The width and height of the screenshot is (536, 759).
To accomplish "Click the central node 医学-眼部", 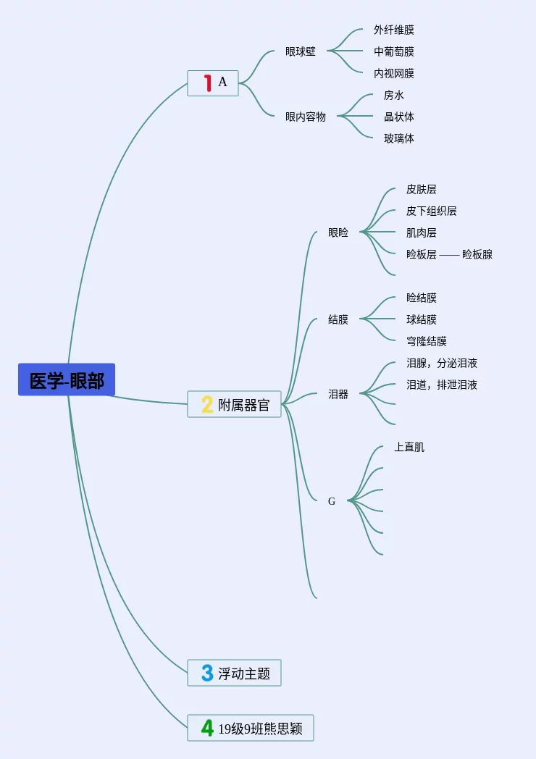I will coord(67,380).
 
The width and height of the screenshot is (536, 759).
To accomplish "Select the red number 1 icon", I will coord(207,83).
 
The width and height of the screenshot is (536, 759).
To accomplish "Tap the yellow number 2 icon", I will coord(207,404).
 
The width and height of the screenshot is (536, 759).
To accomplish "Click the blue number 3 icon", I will coord(207,673).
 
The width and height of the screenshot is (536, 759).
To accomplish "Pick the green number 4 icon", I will coord(207,728).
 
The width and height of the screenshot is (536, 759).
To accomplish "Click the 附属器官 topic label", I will coord(244,405).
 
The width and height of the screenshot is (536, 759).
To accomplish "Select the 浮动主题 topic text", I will coord(244,674).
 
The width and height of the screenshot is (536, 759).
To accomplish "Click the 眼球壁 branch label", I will coord(301,51).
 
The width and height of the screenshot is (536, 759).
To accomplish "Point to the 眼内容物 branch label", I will coord(306,117).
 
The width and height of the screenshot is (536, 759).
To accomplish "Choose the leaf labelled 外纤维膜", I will coord(394,30).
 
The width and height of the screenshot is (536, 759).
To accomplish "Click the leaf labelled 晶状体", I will coord(399,117).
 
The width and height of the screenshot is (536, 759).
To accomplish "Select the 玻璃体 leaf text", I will coord(399,138).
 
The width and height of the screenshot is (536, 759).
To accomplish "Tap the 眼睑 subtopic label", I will coord(338,232).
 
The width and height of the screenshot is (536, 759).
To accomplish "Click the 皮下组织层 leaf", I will coord(432,211).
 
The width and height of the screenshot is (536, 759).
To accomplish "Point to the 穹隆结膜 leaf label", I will coord(427,341).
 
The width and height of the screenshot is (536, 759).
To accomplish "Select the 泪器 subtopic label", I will coord(338,394).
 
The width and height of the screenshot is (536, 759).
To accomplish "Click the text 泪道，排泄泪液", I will coord(442,385).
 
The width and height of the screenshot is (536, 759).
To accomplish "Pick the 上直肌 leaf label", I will coord(409,447).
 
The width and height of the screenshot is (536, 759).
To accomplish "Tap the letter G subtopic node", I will coord(332,501).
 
